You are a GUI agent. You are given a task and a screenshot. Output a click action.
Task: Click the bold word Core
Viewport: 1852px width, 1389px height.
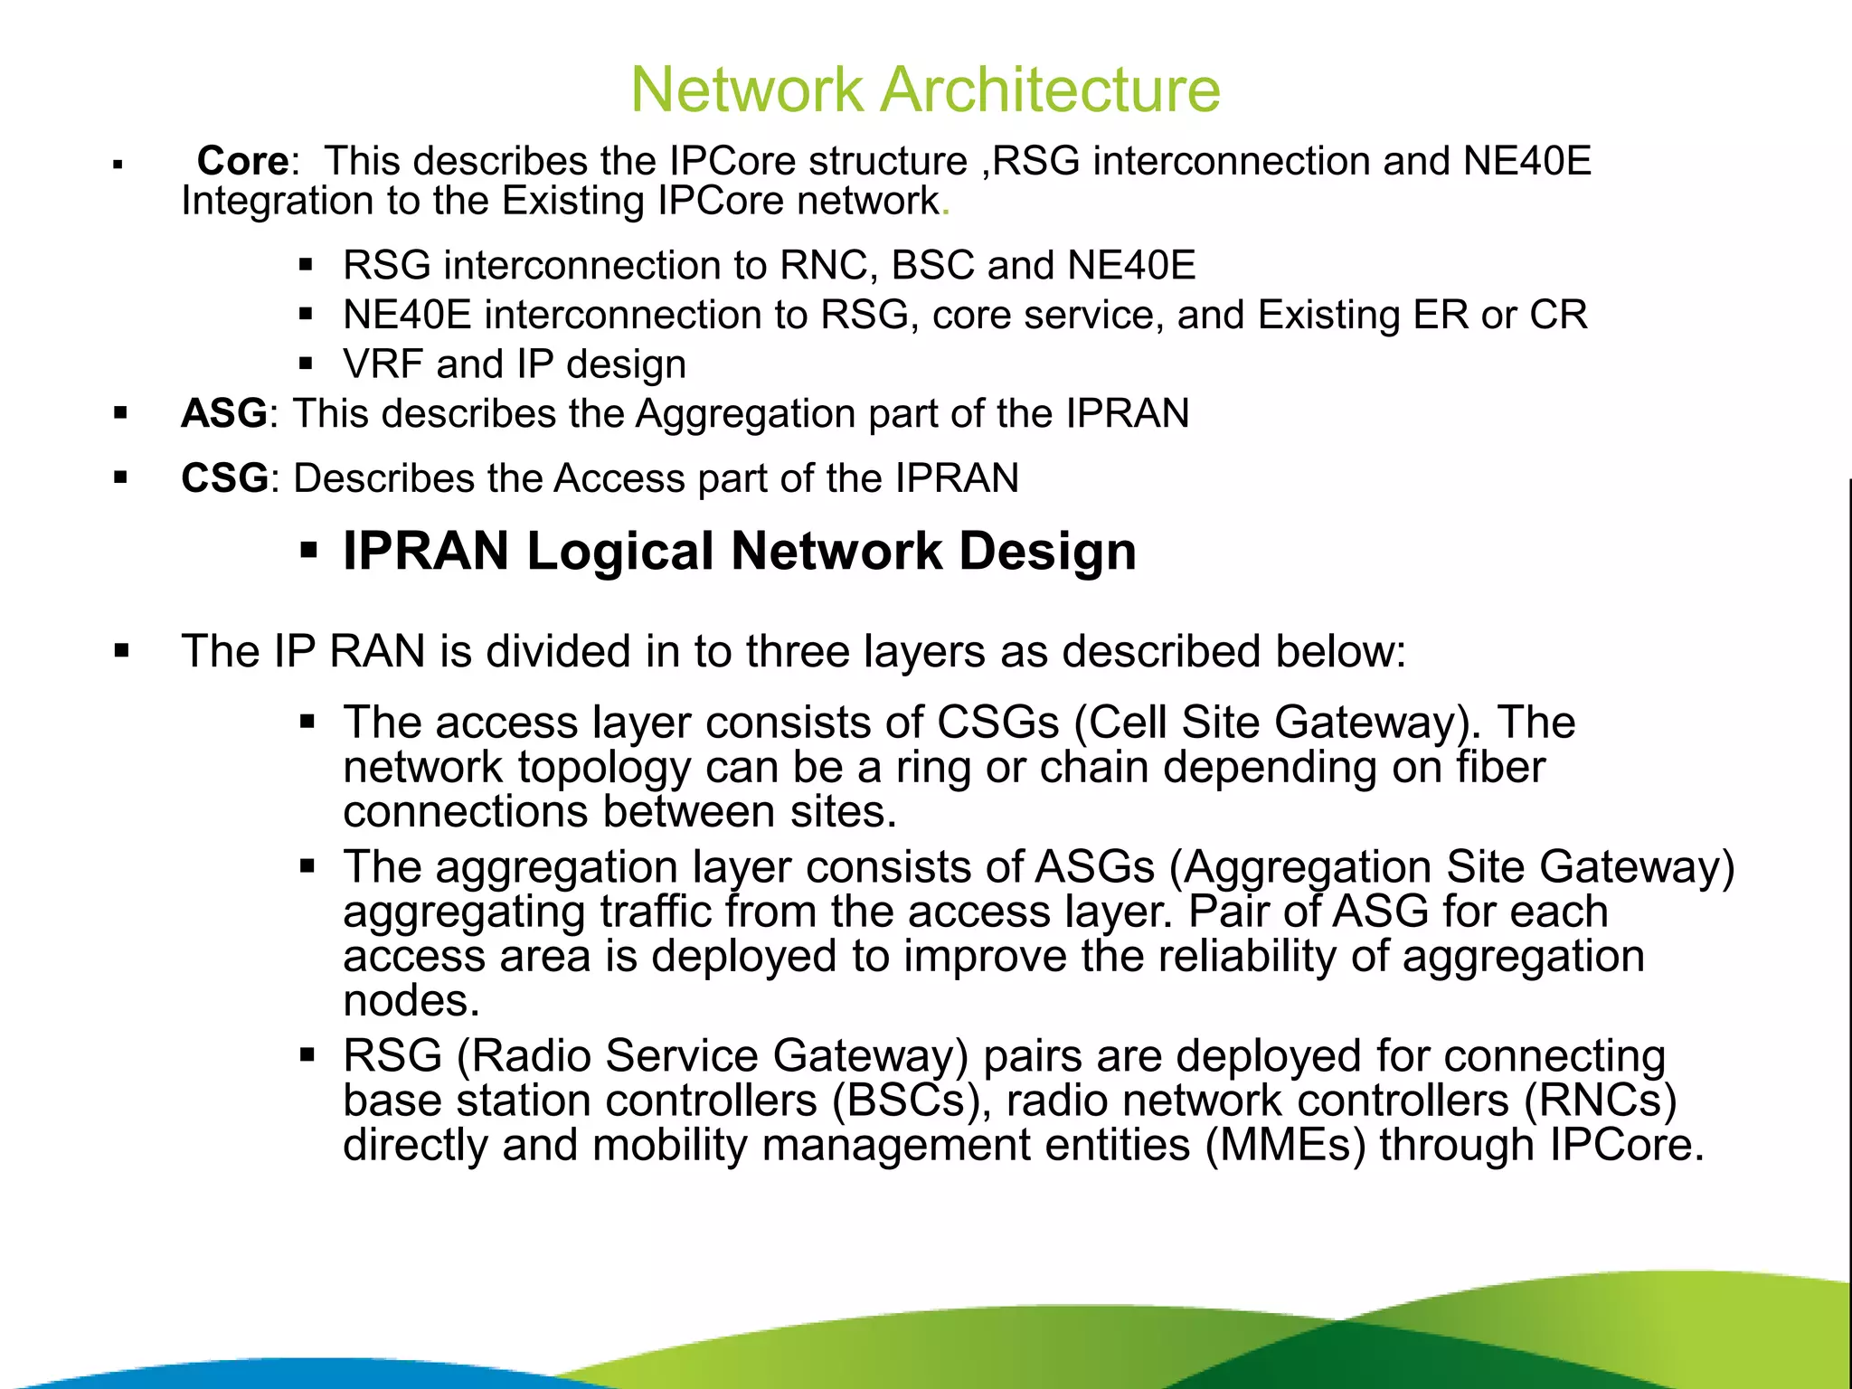coord(242,161)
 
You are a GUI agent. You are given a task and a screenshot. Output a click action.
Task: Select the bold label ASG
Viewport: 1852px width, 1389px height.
coord(223,413)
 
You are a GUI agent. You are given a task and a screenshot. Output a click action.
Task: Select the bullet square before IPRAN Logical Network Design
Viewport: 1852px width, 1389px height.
coord(308,550)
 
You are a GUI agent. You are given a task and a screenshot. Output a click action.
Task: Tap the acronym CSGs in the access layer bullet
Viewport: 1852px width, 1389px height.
coord(997,723)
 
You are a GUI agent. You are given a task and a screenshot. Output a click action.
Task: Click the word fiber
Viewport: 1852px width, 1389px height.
coord(1500,767)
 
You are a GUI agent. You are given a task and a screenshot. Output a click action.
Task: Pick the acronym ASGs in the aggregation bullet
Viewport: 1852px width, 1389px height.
coord(1094,866)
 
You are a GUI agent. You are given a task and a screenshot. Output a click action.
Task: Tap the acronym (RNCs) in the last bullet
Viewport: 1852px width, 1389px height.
coord(1600,1101)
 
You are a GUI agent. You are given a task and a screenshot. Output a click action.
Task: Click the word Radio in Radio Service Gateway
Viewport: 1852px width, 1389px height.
coord(530,1056)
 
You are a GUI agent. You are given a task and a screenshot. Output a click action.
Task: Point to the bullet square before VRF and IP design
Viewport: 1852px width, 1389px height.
coord(306,364)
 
